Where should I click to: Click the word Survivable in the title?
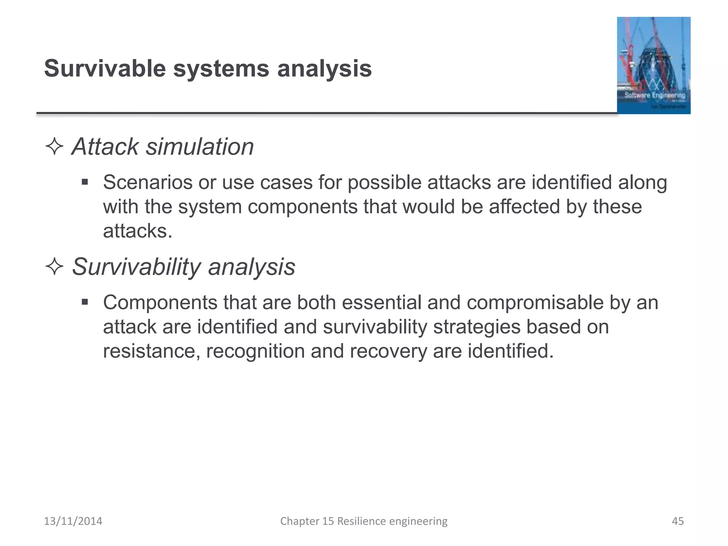(105, 68)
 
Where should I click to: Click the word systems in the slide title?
(221, 69)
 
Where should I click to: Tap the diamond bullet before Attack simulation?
(54, 146)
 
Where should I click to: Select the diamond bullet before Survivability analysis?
(54, 266)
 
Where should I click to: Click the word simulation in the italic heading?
(200, 146)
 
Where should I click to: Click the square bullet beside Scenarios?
(85, 182)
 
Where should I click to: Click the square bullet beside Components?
(85, 303)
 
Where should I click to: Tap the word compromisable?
(535, 303)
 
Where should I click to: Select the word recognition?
(255, 351)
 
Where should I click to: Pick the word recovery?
(388, 351)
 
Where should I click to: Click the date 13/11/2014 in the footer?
(73, 521)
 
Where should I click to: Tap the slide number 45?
(678, 521)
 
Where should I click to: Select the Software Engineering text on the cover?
(655, 95)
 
